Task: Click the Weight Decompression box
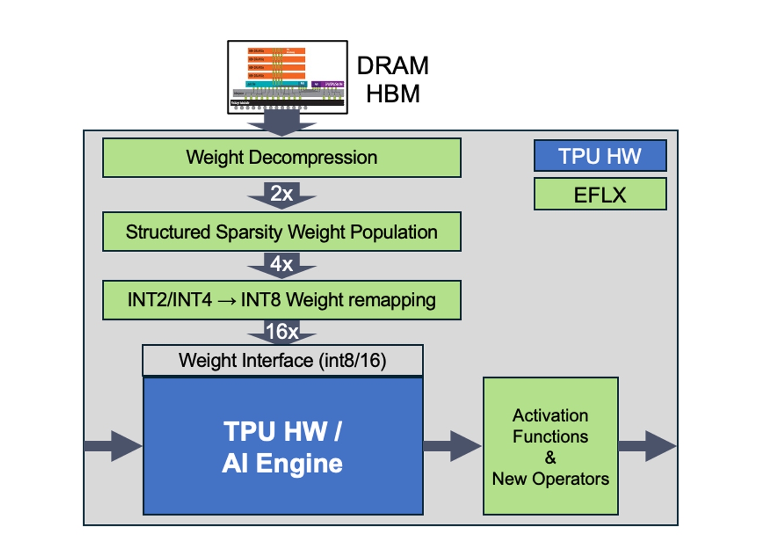(281, 158)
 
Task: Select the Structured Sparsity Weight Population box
(281, 232)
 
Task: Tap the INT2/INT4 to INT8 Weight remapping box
(281, 300)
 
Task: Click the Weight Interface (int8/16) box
(282, 360)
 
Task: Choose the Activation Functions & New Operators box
(550, 446)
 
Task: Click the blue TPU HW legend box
(600, 156)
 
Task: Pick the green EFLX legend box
(600, 195)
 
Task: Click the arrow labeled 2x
(282, 195)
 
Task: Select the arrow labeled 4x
(282, 265)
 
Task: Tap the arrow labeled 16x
(282, 332)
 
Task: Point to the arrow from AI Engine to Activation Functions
(452, 446)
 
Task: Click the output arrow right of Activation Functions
(647, 446)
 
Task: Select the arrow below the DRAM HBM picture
(282, 124)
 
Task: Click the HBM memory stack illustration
(287, 77)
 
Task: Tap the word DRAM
(392, 66)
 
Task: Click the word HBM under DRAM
(392, 94)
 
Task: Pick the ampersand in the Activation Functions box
(550, 457)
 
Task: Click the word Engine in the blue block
(299, 464)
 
